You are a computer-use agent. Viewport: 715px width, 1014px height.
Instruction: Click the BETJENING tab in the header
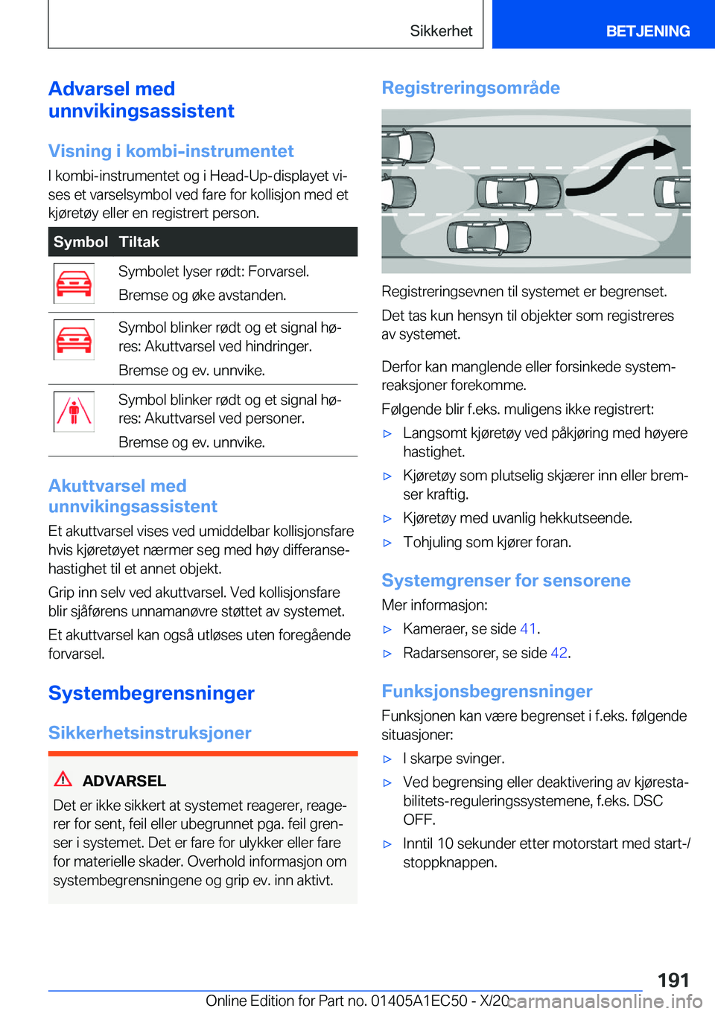pyautogui.click(x=647, y=31)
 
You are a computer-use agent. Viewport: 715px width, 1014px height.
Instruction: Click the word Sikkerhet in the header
pyautogui.click(x=441, y=31)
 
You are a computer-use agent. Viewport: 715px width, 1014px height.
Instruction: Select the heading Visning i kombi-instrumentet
pyautogui.click(x=171, y=151)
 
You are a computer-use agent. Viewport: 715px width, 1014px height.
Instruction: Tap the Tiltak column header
pyautogui.click(x=139, y=242)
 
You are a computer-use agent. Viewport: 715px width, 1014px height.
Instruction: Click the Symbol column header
pyautogui.click(x=80, y=242)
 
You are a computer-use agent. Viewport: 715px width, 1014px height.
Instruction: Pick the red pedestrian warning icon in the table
pyautogui.click(x=74, y=412)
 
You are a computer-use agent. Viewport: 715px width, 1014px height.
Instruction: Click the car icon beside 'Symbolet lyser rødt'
pyautogui.click(x=74, y=284)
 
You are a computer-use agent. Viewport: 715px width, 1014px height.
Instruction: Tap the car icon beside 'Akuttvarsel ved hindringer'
pyautogui.click(x=74, y=339)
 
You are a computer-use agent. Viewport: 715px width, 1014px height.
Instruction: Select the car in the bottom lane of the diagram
pyautogui.click(x=489, y=237)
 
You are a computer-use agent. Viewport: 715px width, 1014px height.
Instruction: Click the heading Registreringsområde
pyautogui.click(x=471, y=88)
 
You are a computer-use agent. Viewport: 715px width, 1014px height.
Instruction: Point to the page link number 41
pyautogui.click(x=528, y=629)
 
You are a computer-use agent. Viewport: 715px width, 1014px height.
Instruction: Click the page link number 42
pyautogui.click(x=559, y=653)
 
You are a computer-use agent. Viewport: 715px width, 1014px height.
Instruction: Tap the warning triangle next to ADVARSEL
pyautogui.click(x=63, y=779)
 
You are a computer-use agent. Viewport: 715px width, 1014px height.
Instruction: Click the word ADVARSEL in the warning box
pyautogui.click(x=124, y=781)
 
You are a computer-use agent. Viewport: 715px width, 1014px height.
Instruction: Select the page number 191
pyautogui.click(x=673, y=980)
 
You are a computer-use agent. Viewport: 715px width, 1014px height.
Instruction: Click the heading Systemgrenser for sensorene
pyautogui.click(x=506, y=581)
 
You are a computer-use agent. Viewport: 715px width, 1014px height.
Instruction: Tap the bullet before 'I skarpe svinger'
pyautogui.click(x=387, y=759)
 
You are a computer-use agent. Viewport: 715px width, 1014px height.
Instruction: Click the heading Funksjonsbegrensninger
pyautogui.click(x=487, y=692)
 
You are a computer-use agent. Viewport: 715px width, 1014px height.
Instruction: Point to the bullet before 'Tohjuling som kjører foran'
pyautogui.click(x=387, y=543)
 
